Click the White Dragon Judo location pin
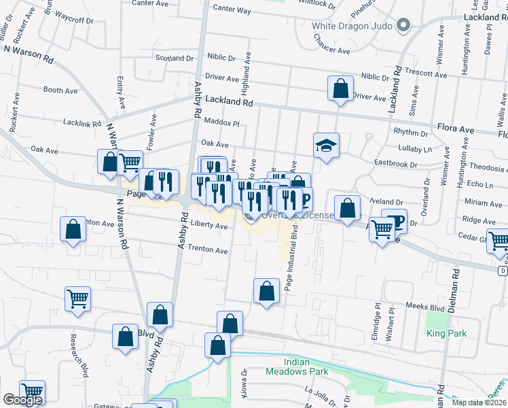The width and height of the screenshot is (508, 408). pos(403,27)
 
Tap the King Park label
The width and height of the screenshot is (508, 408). pos(446,333)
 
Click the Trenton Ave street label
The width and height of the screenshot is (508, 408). pos(208,250)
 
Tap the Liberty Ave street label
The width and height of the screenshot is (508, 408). pos(209,226)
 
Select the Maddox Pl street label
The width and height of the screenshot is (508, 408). pos(222,122)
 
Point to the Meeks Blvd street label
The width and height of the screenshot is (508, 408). pos(424,307)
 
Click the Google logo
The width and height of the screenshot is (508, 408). pos(22,400)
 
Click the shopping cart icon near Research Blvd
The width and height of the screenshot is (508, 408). pos(78,298)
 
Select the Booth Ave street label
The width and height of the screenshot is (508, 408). pos(60,90)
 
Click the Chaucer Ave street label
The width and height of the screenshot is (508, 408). pos(331,50)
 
